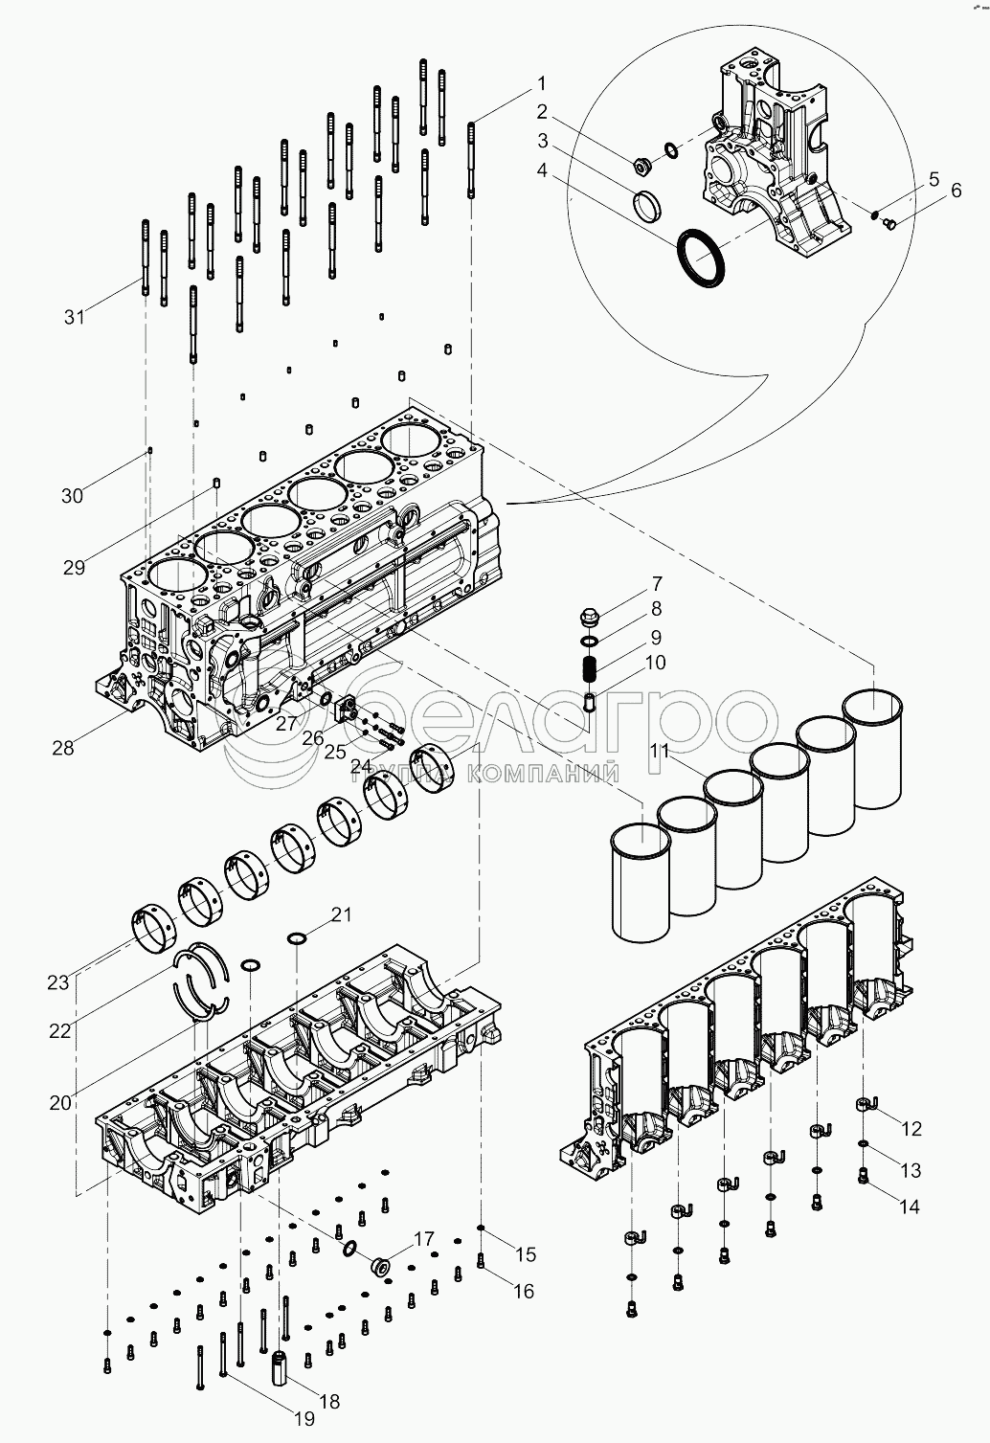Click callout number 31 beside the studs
coord(75,317)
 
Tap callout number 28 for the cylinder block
coord(63,748)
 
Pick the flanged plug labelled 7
coord(590,618)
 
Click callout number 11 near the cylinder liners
coord(659,751)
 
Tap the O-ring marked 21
coord(296,936)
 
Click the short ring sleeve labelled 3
coord(647,204)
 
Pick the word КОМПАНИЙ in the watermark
coord(543,774)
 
